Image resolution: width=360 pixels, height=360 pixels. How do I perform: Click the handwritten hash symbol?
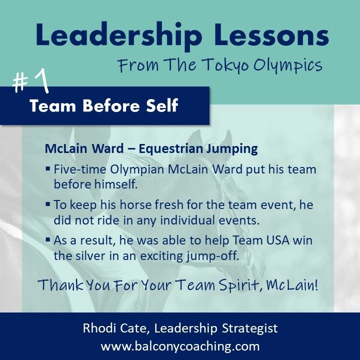pos(19,84)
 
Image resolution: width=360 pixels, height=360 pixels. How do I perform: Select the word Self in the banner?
pos(160,105)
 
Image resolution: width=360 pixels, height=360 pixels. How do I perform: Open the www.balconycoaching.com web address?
pos(180,345)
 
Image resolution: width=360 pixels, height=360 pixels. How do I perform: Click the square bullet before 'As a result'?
pos(47,240)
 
